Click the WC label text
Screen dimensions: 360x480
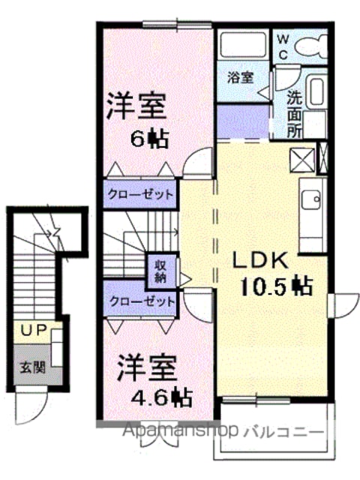(x=283, y=46)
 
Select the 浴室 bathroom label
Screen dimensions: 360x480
(x=241, y=78)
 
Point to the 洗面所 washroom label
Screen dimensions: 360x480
(x=295, y=115)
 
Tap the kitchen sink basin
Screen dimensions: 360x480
(x=311, y=199)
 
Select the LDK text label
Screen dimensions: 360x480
(x=261, y=260)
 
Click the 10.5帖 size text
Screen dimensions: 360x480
(x=277, y=286)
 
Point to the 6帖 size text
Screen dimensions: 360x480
(x=150, y=139)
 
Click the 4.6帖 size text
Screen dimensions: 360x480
(x=162, y=397)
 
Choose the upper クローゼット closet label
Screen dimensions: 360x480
(x=140, y=195)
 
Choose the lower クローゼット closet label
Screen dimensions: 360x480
(x=142, y=301)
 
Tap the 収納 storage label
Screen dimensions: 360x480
(x=160, y=271)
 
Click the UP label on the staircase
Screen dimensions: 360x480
(x=33, y=330)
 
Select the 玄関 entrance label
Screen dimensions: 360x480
(x=33, y=367)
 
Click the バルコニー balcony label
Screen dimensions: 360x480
(x=283, y=432)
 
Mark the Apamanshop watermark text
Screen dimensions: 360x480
(x=180, y=431)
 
